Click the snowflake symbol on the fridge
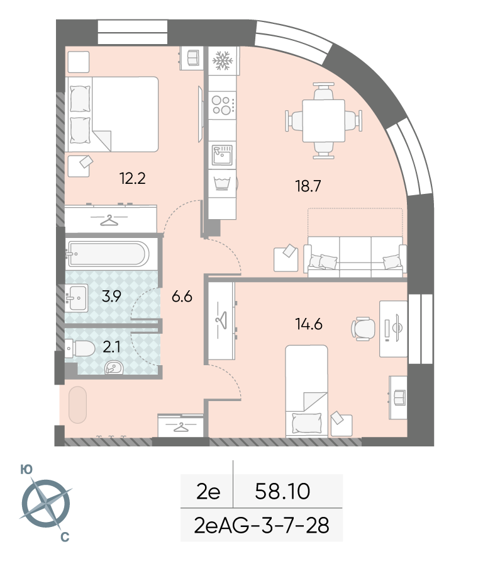223,60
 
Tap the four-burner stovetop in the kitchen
223,105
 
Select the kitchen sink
222,156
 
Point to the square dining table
323,120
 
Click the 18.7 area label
308,186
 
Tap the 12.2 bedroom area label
132,178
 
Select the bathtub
108,254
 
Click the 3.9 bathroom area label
111,297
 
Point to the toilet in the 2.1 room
80,348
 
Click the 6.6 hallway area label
182,297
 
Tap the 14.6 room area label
309,324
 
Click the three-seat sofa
355,256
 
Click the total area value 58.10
282,491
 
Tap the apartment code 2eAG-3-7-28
262,526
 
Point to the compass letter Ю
26,470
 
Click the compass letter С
65,536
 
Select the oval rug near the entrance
77,405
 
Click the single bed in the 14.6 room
306,391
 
